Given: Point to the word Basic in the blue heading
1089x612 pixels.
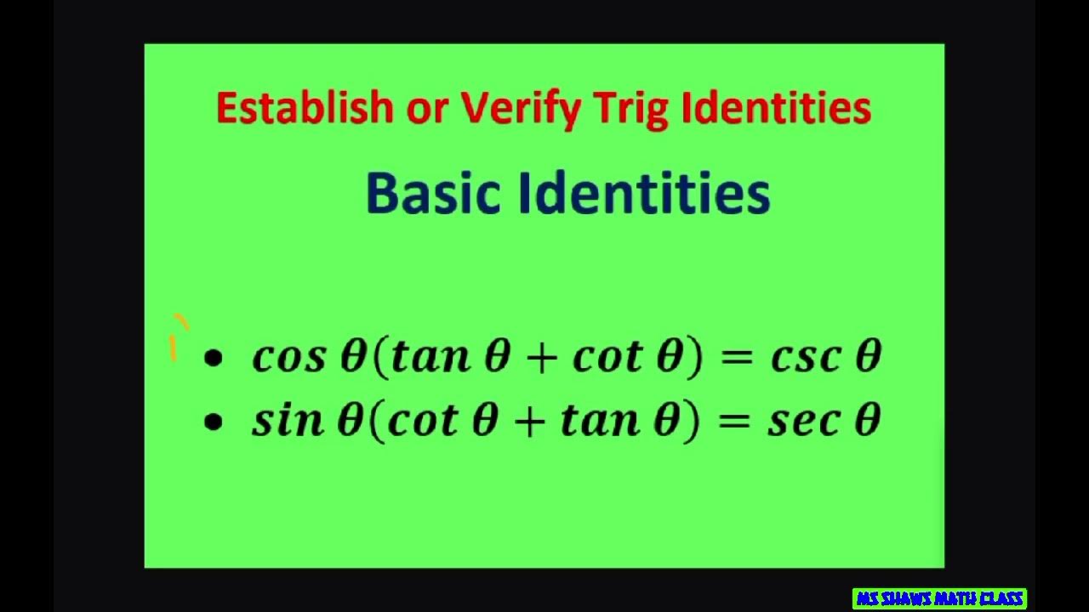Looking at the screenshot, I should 432,193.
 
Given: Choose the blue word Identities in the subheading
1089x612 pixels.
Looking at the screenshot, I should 644,193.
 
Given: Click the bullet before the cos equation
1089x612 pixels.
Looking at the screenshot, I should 213,359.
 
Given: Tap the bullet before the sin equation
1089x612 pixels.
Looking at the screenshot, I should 213,422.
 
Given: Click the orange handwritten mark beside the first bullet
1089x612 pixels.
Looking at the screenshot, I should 176,338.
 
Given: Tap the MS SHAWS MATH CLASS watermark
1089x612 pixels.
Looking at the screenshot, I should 939,598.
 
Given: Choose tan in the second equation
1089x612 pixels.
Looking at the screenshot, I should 599,420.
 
